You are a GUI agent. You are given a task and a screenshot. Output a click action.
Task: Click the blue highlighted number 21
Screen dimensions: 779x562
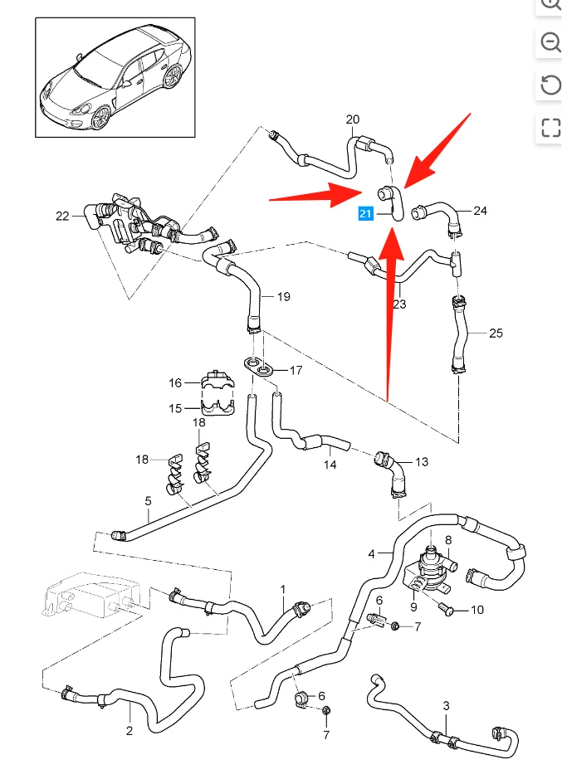(x=365, y=214)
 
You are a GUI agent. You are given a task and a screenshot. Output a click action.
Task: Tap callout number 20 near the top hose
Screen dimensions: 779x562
(x=353, y=119)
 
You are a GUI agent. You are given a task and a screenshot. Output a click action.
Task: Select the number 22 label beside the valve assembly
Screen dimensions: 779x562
(x=63, y=217)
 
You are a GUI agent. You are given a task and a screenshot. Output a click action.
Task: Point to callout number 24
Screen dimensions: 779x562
(x=480, y=211)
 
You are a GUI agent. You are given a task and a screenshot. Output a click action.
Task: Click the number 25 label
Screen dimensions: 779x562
(x=496, y=334)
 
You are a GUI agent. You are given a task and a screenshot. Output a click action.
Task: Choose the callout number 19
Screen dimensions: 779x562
(x=283, y=296)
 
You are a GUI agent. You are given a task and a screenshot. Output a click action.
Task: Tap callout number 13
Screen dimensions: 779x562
(x=422, y=462)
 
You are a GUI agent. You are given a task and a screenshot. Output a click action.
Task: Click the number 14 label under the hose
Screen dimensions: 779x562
(x=330, y=465)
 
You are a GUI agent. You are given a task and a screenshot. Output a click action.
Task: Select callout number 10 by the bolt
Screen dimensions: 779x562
(x=476, y=610)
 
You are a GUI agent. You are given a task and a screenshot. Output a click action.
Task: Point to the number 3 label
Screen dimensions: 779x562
(x=446, y=706)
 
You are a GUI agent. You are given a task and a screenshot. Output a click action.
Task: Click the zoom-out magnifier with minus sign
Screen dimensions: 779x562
(x=550, y=42)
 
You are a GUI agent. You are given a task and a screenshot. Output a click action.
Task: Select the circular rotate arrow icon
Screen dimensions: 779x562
(x=550, y=85)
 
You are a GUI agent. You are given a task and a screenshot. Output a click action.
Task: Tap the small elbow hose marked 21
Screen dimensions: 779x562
(x=392, y=202)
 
